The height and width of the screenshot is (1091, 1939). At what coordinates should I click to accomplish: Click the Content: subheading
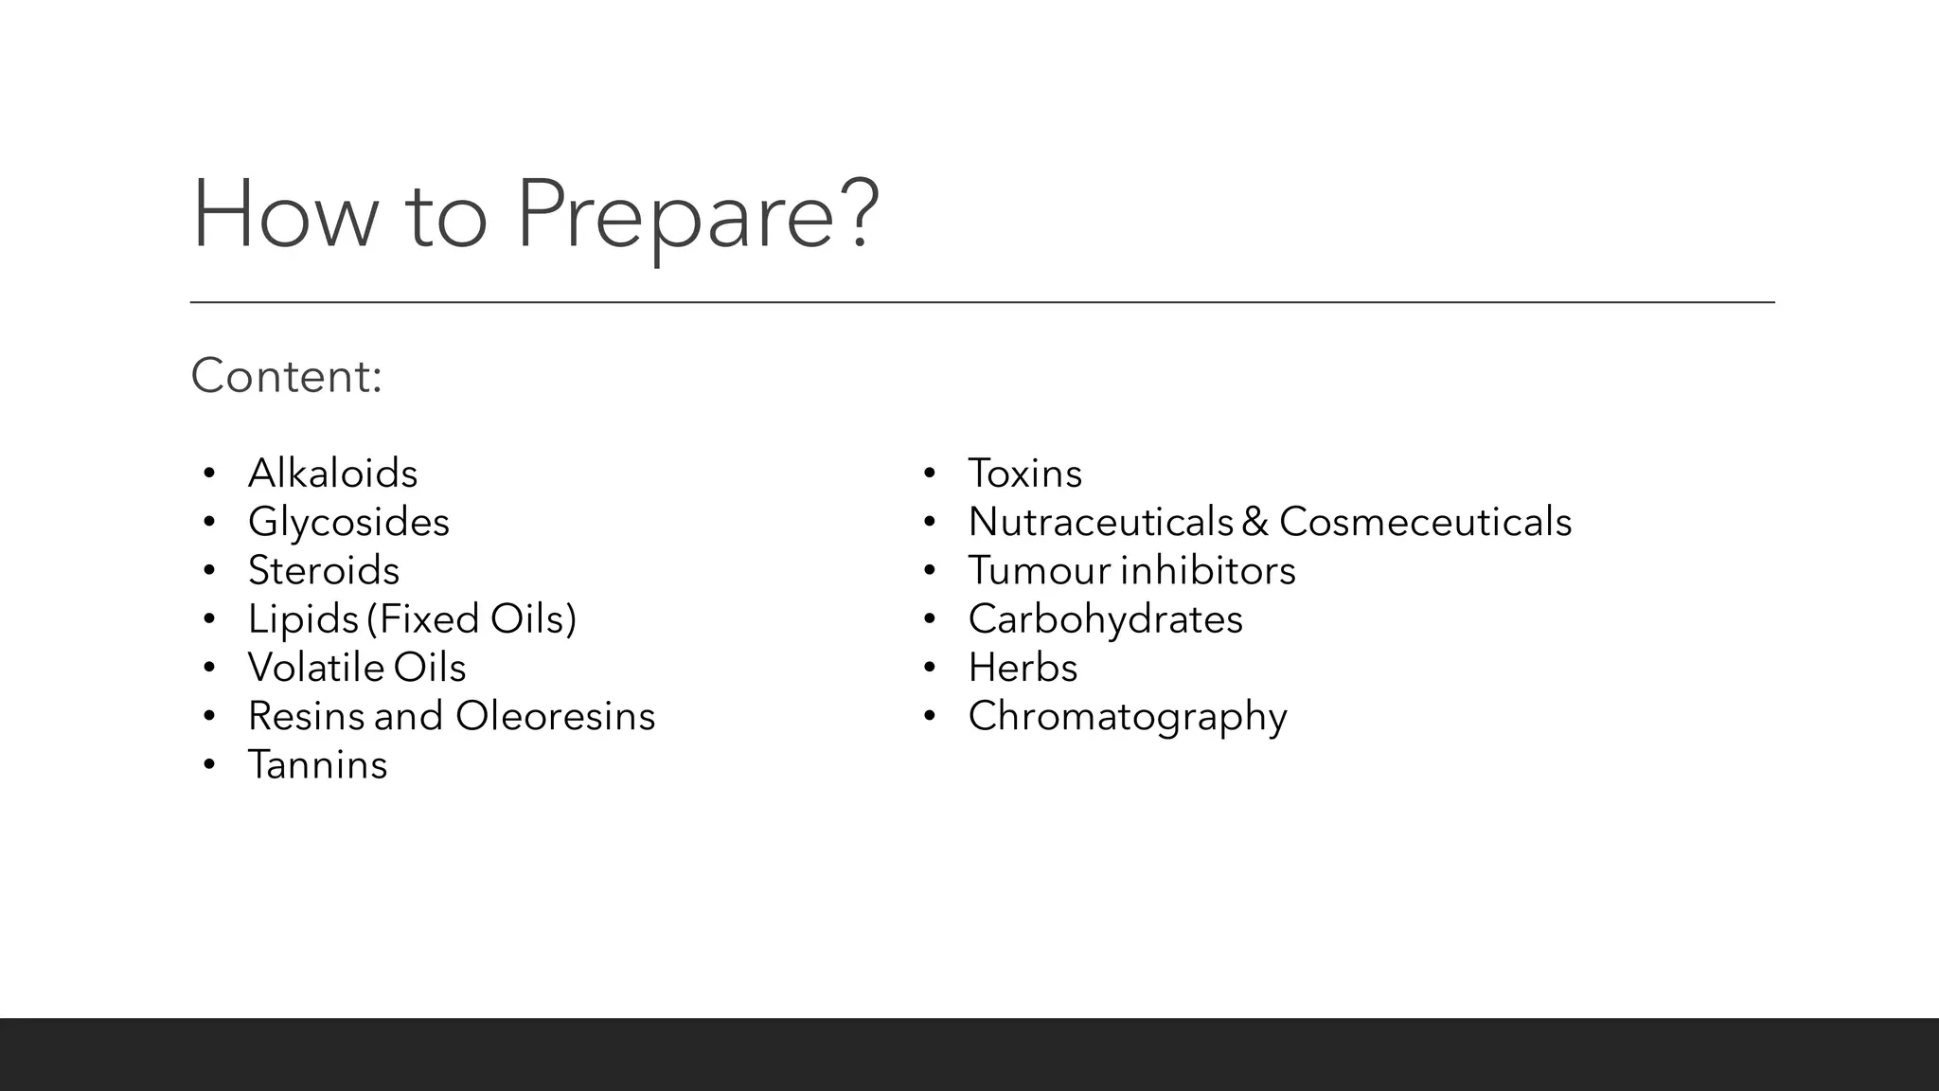point(286,376)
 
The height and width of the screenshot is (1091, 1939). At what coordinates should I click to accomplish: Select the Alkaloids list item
point(332,474)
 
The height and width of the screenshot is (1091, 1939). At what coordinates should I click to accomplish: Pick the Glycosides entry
point(348,522)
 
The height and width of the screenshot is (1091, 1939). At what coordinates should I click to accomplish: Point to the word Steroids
point(324,570)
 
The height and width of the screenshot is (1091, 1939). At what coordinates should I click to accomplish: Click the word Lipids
point(303,619)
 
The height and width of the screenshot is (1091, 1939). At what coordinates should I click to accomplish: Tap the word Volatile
point(315,668)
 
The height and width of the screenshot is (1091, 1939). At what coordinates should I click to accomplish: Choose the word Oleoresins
point(555,716)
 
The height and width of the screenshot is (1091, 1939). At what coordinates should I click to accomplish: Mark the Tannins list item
point(317,765)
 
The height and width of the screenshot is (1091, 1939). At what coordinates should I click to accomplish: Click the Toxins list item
point(1024,474)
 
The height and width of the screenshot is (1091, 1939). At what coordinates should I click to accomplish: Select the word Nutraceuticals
point(1100,522)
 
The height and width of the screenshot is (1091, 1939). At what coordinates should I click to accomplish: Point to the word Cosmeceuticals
point(1425,522)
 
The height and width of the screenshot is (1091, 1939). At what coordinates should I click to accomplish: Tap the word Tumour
point(1038,570)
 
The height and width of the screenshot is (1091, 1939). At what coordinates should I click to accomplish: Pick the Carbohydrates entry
point(1105,619)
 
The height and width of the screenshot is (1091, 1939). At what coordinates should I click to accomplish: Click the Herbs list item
point(1023,668)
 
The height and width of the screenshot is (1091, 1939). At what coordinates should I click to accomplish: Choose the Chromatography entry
point(1127,717)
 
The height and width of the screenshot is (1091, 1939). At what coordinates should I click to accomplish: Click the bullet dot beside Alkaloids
point(209,473)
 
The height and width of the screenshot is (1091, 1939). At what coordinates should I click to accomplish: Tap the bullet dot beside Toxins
point(930,473)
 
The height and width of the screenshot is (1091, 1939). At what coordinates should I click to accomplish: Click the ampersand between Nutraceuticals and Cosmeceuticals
point(1255,522)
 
